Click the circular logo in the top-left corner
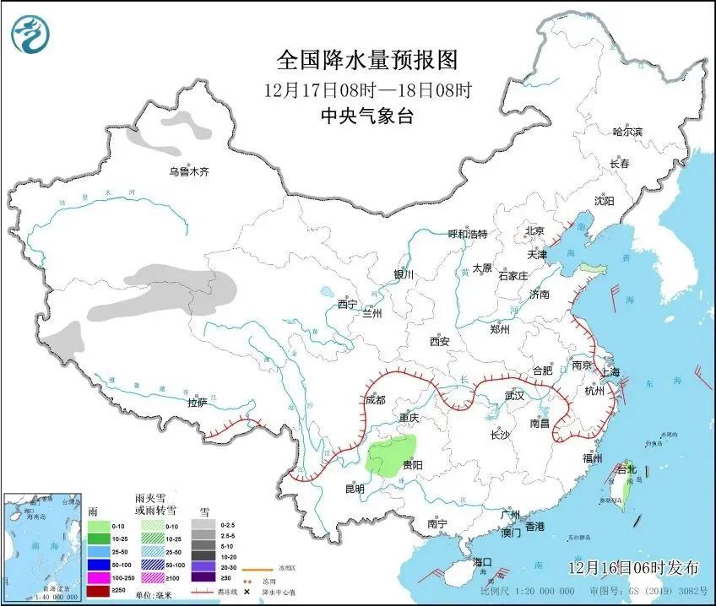click(30, 35)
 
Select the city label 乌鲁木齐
click(187, 172)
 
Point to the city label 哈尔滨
click(626, 133)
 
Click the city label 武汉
click(514, 395)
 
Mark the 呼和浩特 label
click(468, 234)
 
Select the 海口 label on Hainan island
click(482, 561)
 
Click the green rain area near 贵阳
click(393, 457)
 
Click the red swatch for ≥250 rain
click(100, 590)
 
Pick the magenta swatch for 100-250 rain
click(100, 577)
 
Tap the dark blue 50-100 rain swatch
click(100, 564)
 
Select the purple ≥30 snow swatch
click(202, 577)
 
